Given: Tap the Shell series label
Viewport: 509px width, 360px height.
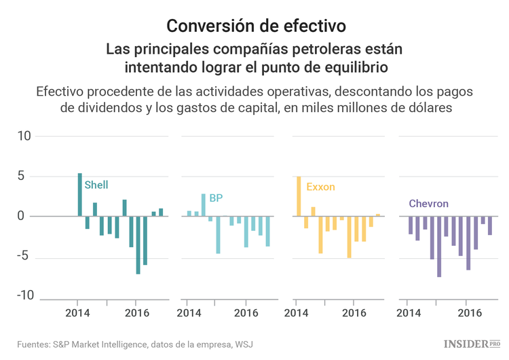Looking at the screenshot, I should pyautogui.click(x=96, y=185).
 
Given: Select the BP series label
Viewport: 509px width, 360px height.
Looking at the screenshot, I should pyautogui.click(x=216, y=198).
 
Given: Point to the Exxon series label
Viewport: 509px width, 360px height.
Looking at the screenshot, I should pyautogui.click(x=320, y=187).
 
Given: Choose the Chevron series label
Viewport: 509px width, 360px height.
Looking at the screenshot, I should pyautogui.click(x=428, y=204).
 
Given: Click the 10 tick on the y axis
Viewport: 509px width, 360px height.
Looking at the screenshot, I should pyautogui.click(x=24, y=136).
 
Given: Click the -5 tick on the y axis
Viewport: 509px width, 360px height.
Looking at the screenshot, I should pyautogui.click(x=24, y=257).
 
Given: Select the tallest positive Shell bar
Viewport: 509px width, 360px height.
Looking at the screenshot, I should pyautogui.click(x=79, y=195).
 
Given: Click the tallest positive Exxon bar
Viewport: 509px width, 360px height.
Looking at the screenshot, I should pyautogui.click(x=299, y=196).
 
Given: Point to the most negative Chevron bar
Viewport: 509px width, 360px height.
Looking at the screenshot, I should pyautogui.click(x=439, y=247).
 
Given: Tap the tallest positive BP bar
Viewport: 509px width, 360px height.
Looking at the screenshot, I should pyautogui.click(x=203, y=205).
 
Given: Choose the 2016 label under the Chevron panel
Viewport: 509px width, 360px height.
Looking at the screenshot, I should pyautogui.click(x=470, y=313).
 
